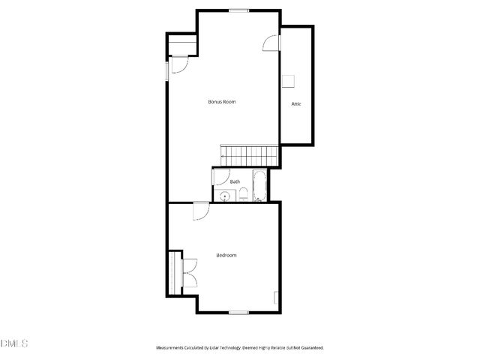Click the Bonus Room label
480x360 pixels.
(x=222, y=101)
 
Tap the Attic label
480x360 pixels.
(x=296, y=104)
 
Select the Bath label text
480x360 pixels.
(x=235, y=181)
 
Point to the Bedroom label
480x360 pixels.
(x=226, y=255)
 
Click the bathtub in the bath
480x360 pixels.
(x=259, y=186)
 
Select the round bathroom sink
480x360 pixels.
(x=224, y=196)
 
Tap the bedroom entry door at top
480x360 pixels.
(x=200, y=211)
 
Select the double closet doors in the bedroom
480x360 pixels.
(x=188, y=273)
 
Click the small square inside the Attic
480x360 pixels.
(x=288, y=80)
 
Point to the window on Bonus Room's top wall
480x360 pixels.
(x=238, y=10)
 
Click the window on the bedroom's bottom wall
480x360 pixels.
(x=238, y=312)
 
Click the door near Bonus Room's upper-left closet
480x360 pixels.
(x=180, y=65)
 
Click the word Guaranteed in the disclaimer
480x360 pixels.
(x=310, y=348)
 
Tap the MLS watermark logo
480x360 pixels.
(x=14, y=343)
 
